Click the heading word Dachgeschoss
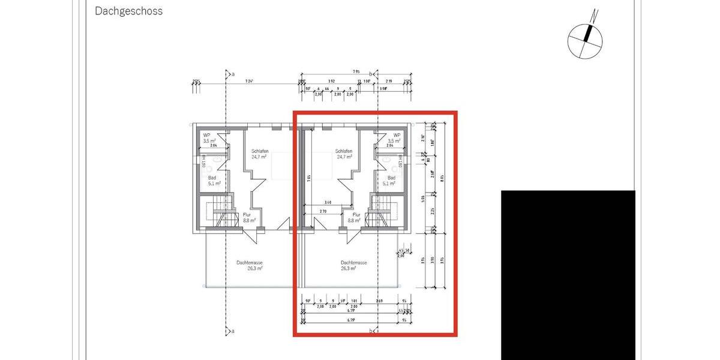pyautogui.click(x=129, y=11)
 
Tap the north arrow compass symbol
pyautogui.click(x=585, y=36)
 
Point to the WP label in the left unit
pyautogui.click(x=206, y=135)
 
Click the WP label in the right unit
pyautogui.click(x=397, y=135)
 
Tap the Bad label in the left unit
pyautogui.click(x=212, y=178)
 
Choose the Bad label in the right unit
pyautogui.click(x=391, y=178)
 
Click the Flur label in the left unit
pyautogui.click(x=247, y=214)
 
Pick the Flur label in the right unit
pyautogui.click(x=356, y=214)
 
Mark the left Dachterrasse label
pyautogui.click(x=250, y=263)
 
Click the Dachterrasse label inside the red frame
pyautogui.click(x=353, y=263)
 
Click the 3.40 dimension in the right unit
pyautogui.click(x=328, y=203)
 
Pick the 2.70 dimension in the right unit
pyautogui.click(x=323, y=211)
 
